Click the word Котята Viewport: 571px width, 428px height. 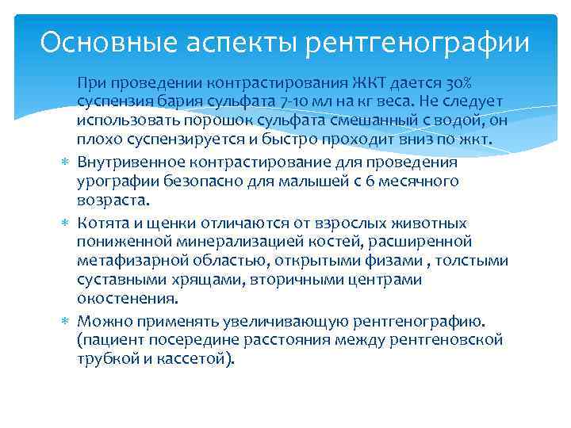104,223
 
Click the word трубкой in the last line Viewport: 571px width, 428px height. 109,359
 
